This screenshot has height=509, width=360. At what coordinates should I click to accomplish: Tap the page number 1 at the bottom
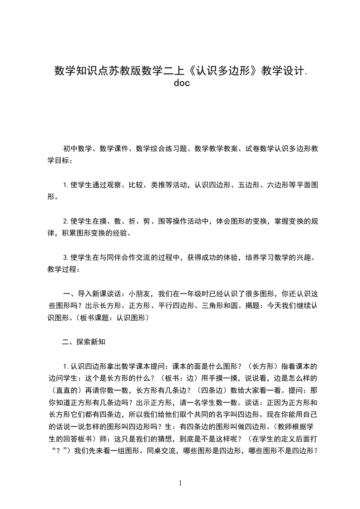coord(180,484)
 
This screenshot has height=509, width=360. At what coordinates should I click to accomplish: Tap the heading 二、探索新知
coord(84,342)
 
